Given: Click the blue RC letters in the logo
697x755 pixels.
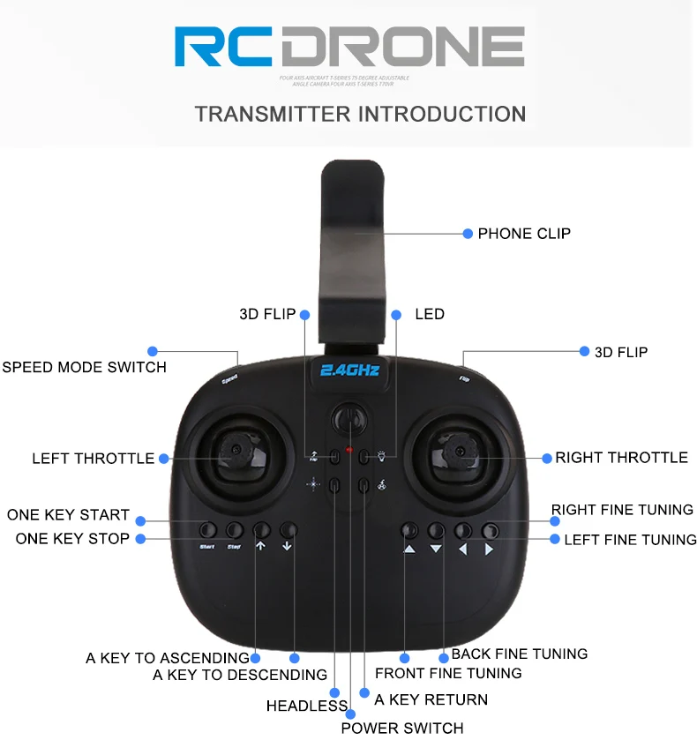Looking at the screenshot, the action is point(224,48).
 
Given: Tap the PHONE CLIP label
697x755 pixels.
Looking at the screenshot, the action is point(524,234).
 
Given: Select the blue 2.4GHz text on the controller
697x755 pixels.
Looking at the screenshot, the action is point(349,370).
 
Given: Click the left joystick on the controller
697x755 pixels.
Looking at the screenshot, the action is point(236,452).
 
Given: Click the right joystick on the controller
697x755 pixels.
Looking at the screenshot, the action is point(459,452).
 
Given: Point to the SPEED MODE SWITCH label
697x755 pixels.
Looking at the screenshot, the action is point(84,367).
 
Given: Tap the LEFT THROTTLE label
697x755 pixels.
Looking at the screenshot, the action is point(93,459).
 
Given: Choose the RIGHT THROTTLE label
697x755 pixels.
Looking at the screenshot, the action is point(621,458).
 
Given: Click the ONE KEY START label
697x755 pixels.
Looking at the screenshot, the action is point(68,515).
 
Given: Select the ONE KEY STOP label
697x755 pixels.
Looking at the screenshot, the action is point(72,538).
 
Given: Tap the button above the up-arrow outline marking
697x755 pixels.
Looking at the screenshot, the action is point(261,530).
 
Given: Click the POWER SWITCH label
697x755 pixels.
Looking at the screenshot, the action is point(401,728).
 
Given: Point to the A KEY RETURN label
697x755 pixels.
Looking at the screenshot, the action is point(431,699).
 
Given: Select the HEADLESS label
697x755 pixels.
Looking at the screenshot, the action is point(306,706).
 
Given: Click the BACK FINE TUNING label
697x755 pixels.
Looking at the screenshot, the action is point(519,654).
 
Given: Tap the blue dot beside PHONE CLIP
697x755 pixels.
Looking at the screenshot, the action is point(468,234).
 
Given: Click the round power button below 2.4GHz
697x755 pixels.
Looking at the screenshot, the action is point(349,417).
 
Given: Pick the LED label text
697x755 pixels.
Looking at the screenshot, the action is point(429,314).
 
